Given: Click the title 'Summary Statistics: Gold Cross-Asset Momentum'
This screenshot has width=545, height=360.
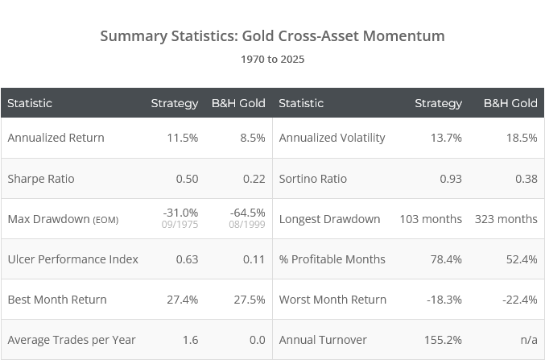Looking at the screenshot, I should click(272, 36).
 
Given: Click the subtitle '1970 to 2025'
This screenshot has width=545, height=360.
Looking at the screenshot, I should click(272, 59).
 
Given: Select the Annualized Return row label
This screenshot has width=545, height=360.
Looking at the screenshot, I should click(56, 138).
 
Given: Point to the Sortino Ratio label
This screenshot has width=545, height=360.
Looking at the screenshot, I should click(316, 179).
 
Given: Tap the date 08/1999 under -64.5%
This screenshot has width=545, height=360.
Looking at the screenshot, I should click(249, 225).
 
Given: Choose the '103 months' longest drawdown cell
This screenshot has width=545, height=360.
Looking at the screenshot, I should click(431, 219).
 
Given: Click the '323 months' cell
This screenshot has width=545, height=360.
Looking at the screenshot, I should click(506, 219).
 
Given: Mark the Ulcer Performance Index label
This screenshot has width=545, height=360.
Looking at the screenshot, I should click(72, 259).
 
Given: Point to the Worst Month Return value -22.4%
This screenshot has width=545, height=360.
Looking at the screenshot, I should click(518, 300).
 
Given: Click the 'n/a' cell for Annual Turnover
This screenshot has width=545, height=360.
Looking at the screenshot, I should click(526, 340).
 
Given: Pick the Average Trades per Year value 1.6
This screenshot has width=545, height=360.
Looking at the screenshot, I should click(189, 340).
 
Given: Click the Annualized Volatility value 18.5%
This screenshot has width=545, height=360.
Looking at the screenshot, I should click(520, 138).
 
